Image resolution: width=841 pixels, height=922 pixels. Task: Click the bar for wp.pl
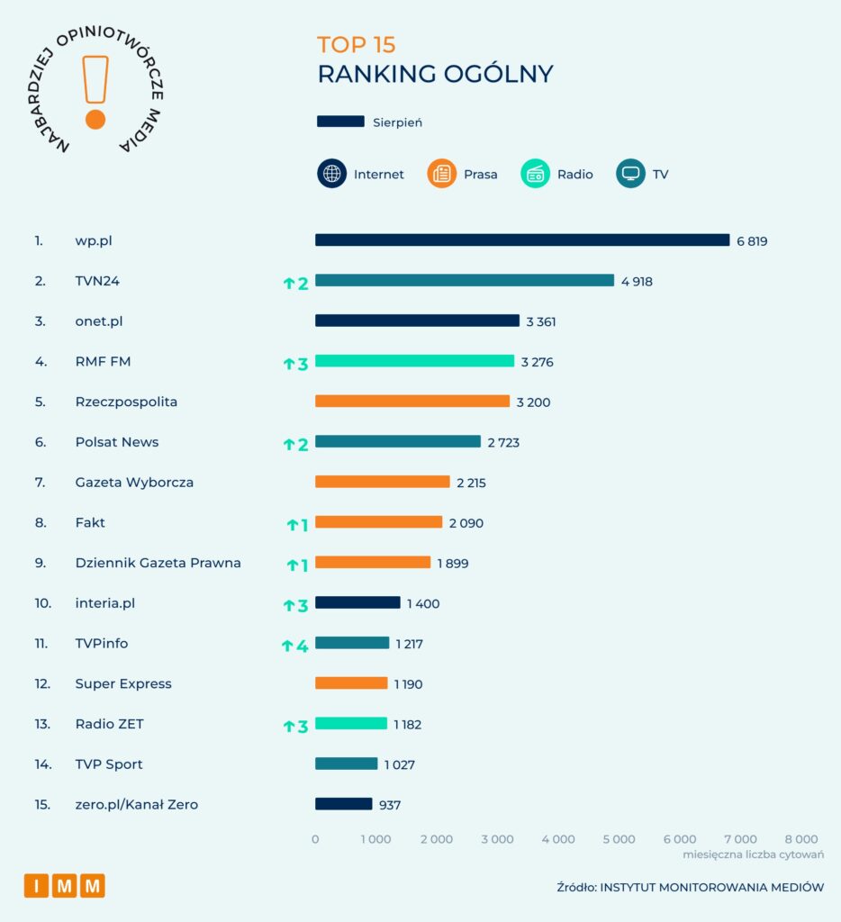click(522, 240)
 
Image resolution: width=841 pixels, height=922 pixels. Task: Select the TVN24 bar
click(465, 281)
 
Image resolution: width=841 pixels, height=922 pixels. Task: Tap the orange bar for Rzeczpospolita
click(412, 401)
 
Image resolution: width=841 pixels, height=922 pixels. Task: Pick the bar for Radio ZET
click(351, 723)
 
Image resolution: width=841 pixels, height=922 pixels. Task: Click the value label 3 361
click(541, 321)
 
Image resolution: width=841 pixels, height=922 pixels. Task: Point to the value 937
click(390, 805)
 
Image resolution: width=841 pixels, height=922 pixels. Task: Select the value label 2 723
click(503, 442)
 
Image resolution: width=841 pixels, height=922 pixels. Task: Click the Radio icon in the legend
click(535, 174)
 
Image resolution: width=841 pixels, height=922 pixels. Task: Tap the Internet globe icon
click(331, 174)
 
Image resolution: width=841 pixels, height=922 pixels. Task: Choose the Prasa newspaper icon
click(442, 174)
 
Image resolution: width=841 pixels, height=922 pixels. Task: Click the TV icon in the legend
click(630, 174)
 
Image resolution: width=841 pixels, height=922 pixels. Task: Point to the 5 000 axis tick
click(619, 839)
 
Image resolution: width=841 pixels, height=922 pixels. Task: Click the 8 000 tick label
click(801, 839)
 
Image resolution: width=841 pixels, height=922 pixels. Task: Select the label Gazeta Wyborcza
click(134, 483)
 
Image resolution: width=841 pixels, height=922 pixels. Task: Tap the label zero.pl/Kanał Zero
click(137, 804)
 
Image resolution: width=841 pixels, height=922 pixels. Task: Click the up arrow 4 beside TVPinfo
click(294, 646)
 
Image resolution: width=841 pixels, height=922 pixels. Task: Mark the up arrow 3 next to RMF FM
click(296, 364)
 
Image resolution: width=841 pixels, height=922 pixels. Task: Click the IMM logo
click(65, 886)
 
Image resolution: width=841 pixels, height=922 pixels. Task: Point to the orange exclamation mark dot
click(95, 120)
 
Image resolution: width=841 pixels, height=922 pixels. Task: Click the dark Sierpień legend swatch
click(340, 122)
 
